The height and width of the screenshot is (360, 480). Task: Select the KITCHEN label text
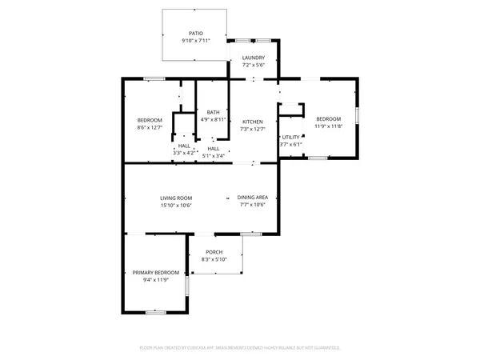click(x=253, y=122)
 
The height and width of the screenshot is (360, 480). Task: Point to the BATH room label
click(x=213, y=112)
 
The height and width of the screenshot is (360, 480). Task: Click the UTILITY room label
click(x=290, y=138)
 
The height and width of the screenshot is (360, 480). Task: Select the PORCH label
click(x=214, y=252)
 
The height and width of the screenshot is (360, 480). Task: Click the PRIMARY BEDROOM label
click(x=155, y=273)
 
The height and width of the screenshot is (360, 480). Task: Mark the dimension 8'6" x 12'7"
click(x=150, y=126)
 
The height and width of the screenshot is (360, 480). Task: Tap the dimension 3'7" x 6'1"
click(x=290, y=145)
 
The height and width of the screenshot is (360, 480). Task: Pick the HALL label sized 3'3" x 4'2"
click(x=184, y=146)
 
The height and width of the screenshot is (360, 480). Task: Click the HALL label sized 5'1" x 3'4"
click(x=214, y=148)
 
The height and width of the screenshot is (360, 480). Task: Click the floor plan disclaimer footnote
click(x=240, y=348)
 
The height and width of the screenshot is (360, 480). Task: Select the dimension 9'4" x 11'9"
click(x=155, y=280)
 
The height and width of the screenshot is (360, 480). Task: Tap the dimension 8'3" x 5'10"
click(x=214, y=259)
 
